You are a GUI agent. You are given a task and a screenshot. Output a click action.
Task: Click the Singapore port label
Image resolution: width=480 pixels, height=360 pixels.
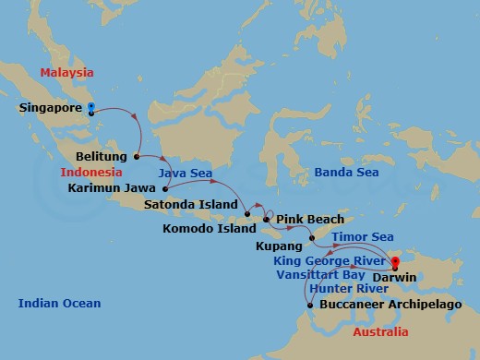51,108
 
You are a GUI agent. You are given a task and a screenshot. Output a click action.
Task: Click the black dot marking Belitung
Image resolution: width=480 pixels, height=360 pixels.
137,157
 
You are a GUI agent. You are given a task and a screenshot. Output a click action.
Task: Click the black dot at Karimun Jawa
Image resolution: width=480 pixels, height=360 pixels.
167,187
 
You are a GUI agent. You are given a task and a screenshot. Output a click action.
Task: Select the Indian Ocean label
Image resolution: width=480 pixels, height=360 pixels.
60,303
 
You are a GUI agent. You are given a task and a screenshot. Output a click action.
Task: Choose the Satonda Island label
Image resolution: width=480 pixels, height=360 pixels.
197,204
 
